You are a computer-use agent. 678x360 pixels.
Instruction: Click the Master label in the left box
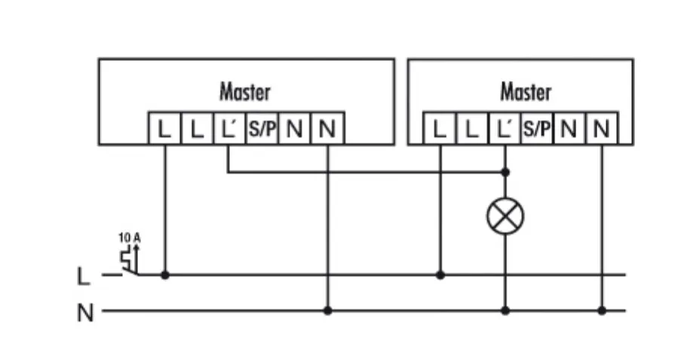(x=244, y=93)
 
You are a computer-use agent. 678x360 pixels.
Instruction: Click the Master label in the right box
(x=526, y=93)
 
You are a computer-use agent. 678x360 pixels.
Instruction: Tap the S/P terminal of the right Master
(x=537, y=129)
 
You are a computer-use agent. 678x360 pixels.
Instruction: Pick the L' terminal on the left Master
(x=229, y=129)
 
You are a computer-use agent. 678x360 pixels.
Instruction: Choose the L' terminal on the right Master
(x=505, y=129)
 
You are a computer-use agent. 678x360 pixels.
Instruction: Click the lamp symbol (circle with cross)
(x=505, y=218)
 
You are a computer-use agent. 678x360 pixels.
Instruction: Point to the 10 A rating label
(x=129, y=238)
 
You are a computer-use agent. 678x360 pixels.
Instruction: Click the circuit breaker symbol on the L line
(x=129, y=260)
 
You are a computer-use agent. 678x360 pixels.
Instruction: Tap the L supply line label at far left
(x=84, y=276)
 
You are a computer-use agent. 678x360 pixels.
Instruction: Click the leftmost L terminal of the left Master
(x=164, y=129)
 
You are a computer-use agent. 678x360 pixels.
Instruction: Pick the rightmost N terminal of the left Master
(x=327, y=129)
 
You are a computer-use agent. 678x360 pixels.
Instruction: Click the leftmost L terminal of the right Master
(x=440, y=129)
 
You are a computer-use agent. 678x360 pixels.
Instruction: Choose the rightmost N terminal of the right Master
(x=601, y=129)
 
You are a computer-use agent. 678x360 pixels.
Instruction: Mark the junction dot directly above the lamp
(x=505, y=172)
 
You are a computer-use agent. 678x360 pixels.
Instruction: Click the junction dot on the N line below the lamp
(x=505, y=310)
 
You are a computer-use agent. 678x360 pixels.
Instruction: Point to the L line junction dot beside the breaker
(x=164, y=275)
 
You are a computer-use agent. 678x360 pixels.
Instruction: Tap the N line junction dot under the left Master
(x=327, y=310)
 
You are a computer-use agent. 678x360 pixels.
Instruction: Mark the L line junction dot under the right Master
(x=440, y=275)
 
